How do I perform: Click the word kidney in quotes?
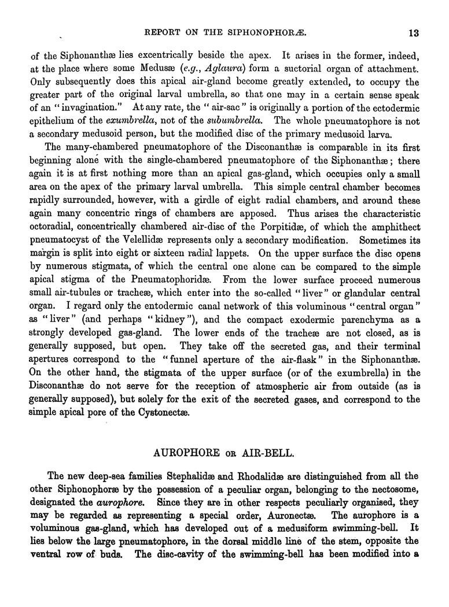(x=137, y=291)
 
